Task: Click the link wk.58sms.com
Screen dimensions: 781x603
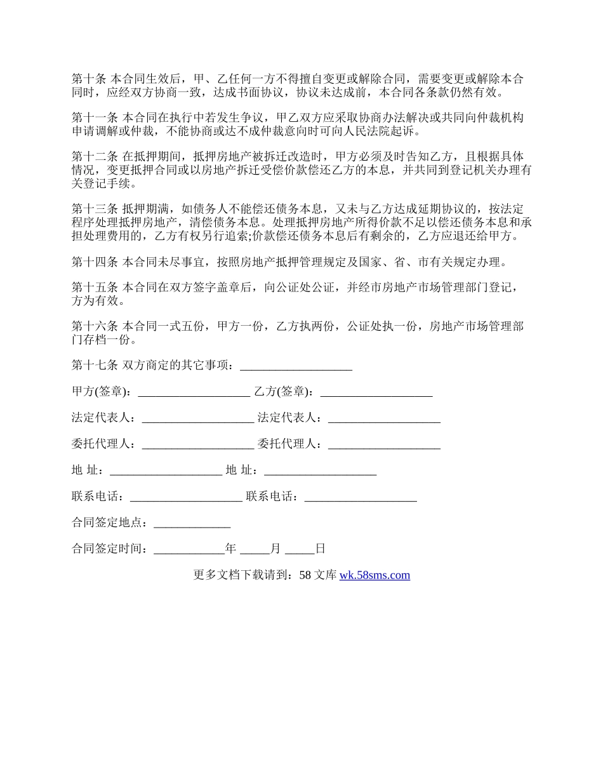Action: pos(374,575)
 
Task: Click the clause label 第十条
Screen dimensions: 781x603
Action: pos(89,79)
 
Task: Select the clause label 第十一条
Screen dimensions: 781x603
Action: pos(94,117)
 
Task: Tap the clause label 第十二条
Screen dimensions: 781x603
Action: pos(94,156)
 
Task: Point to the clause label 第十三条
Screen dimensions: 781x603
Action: pos(94,209)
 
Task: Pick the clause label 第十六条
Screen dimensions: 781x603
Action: pos(94,326)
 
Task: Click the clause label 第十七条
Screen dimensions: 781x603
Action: pos(94,365)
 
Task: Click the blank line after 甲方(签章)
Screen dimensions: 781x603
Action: pos(194,394)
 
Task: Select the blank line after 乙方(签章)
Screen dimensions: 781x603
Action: pos(376,394)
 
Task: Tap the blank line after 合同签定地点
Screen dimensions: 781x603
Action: pos(192,524)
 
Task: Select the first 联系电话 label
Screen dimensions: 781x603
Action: pos(97,497)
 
